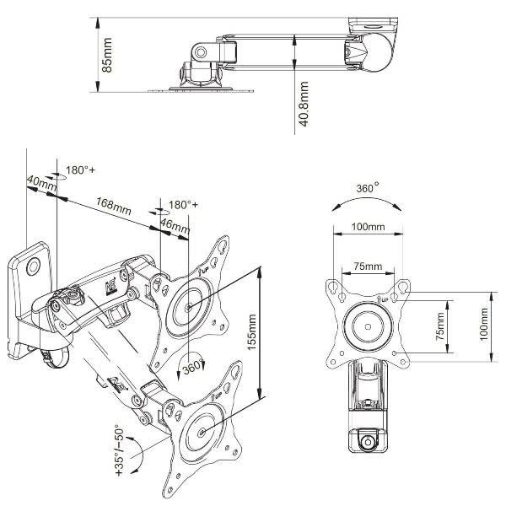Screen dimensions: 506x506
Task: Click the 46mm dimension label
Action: pos(175,226)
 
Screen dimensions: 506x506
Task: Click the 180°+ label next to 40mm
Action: pos(81,170)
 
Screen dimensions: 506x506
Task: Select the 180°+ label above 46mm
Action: pos(183,205)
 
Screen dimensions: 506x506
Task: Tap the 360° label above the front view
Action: pos(369,186)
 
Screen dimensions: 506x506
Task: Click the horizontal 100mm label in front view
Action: pos(368,227)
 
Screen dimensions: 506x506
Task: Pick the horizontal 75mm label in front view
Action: pos(368,266)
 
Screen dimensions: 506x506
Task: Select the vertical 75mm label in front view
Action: pos(439,326)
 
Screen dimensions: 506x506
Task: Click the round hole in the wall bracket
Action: pos(34,266)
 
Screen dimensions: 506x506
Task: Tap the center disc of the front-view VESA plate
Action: pos(368,325)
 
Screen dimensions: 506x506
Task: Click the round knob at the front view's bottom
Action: pos(367,441)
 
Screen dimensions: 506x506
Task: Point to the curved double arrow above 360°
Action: pos(369,203)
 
